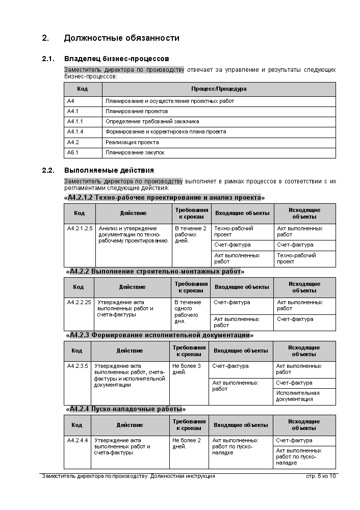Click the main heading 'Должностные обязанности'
pos(121,38)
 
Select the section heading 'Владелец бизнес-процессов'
pos(116,59)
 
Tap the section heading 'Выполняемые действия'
pos(109,170)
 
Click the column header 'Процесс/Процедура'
pos(219,89)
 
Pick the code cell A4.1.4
pos(75,132)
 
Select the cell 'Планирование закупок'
pos(135,152)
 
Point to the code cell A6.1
pos(73,152)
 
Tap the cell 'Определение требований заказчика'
pos(152,122)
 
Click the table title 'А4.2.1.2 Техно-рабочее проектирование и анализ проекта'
pos(164,198)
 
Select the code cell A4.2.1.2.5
pos(80,228)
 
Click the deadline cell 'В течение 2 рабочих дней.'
pos(190,234)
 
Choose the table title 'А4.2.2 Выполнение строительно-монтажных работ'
pos(155,272)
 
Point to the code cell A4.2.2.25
pos(79,302)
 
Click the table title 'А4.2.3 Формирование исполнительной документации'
pos(160,335)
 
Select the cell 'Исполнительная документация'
pos(298,396)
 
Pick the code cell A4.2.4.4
pos(78,440)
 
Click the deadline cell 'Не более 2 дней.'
pos(187,443)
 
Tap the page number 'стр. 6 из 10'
pos(320,476)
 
